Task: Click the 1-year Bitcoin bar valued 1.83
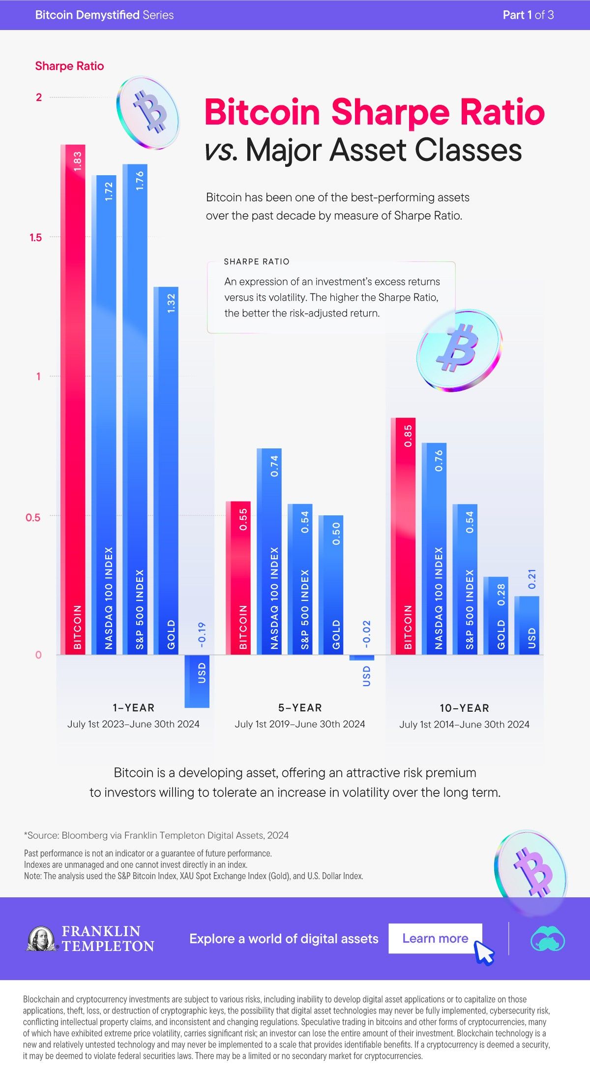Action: pyautogui.click(x=73, y=399)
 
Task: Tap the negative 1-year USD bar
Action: pyautogui.click(x=197, y=681)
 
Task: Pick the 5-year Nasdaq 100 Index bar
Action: pyautogui.click(x=269, y=551)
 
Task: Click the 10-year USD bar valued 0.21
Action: pyautogui.click(x=527, y=625)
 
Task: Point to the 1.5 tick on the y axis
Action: pyautogui.click(x=36, y=238)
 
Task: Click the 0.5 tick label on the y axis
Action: pyautogui.click(x=33, y=517)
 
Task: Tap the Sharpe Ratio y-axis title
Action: pyautogui.click(x=69, y=66)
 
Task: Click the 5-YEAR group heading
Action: pyautogui.click(x=300, y=708)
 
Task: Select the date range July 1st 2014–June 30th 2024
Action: pyautogui.click(x=464, y=724)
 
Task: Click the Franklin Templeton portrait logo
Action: pyautogui.click(x=41, y=938)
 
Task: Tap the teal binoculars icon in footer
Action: pyautogui.click(x=548, y=938)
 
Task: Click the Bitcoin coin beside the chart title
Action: pyautogui.click(x=148, y=112)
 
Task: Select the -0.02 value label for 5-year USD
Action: pyautogui.click(x=366, y=634)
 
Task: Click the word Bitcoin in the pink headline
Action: pyautogui.click(x=262, y=112)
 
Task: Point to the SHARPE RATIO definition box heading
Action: pyautogui.click(x=257, y=261)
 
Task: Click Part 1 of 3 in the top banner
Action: pyautogui.click(x=528, y=15)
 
